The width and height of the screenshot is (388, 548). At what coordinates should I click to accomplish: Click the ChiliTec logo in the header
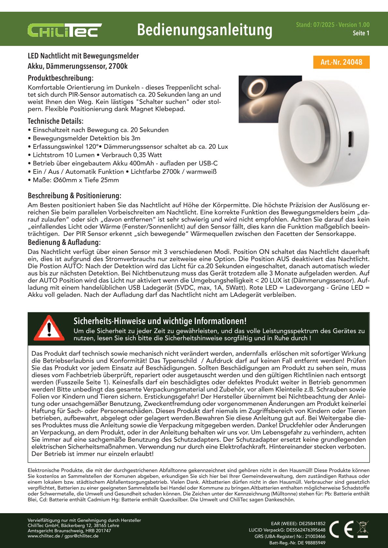[65, 30]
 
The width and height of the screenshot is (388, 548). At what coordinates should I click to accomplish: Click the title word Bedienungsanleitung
[204, 30]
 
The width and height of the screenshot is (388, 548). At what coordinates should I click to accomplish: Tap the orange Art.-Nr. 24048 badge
[341, 62]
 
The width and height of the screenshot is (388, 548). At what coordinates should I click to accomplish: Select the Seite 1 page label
[361, 33]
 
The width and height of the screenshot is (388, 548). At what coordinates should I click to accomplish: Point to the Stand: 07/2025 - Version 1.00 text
[333, 25]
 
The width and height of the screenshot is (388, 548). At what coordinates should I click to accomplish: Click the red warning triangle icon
[49, 328]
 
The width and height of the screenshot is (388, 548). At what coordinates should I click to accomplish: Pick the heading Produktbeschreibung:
[61, 78]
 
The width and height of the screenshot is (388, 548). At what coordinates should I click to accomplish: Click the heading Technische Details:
[55, 121]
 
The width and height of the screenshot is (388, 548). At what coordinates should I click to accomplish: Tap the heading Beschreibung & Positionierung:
[74, 196]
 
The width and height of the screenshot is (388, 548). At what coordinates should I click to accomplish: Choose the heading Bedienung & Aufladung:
[64, 242]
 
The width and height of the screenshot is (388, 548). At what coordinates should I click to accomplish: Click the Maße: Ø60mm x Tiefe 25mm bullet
[76, 180]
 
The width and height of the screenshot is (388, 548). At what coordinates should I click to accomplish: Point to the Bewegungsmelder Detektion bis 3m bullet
[86, 138]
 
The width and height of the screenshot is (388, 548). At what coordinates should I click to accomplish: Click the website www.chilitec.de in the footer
[44, 536]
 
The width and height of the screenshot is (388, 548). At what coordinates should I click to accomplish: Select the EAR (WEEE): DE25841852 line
[298, 524]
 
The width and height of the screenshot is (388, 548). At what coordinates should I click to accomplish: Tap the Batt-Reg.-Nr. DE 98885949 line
[297, 543]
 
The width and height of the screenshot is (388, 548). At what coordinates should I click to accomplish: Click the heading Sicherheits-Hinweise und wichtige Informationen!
[160, 321]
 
